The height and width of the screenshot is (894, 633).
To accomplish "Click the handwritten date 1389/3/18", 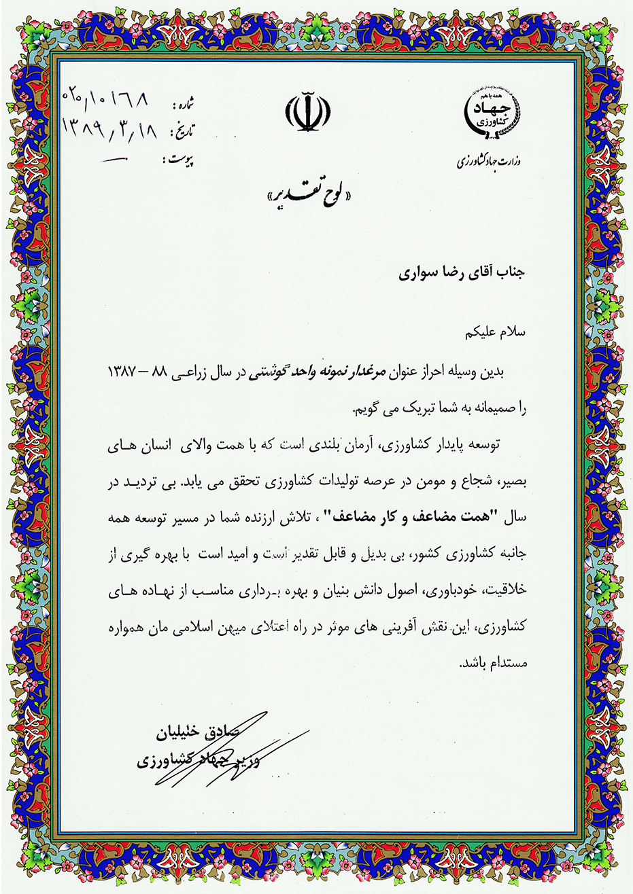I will (109, 128).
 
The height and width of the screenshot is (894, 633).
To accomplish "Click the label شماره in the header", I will (184, 106).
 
